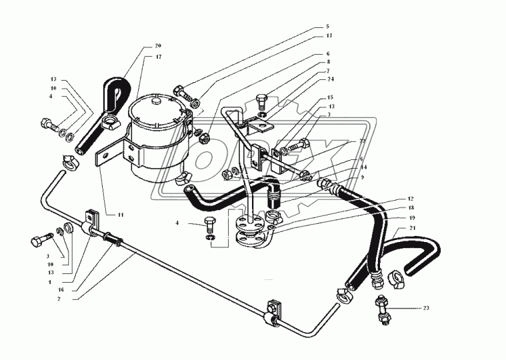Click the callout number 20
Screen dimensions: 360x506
click(x=158, y=46)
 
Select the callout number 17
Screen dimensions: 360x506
click(x=158, y=57)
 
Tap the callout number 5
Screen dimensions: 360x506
click(x=328, y=27)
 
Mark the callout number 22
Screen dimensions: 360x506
click(x=362, y=142)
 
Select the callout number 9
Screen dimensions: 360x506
click(x=362, y=177)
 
